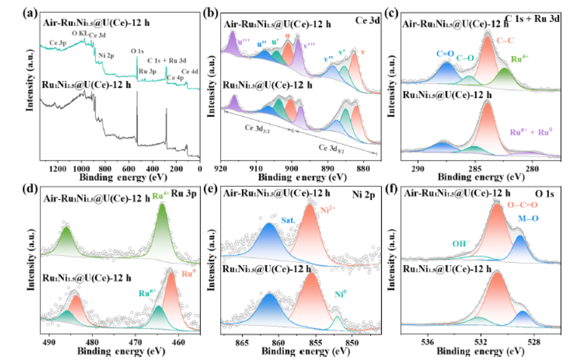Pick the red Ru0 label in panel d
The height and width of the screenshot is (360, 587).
coord(189,271)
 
